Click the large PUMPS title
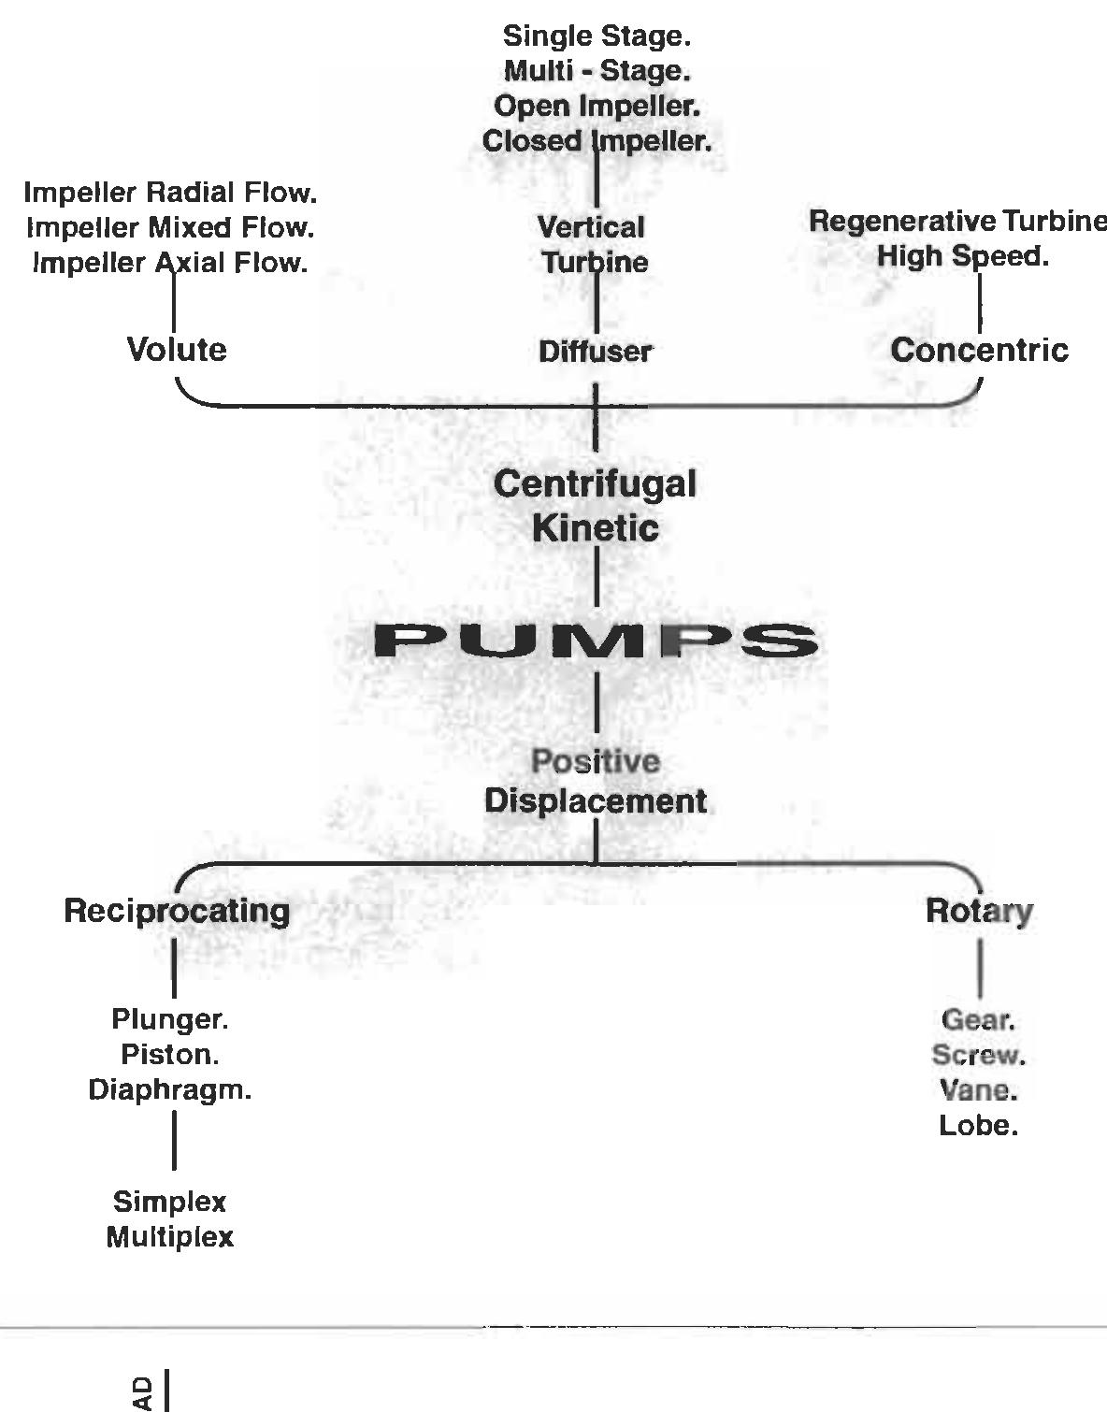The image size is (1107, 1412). tap(596, 641)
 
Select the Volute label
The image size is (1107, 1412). tap(177, 350)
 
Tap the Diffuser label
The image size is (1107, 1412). tap(596, 352)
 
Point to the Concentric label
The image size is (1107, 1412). tap(979, 350)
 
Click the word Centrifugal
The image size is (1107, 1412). tap(595, 484)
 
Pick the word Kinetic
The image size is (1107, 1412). tap(596, 527)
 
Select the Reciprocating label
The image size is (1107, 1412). tap(177, 911)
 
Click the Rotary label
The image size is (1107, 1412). tap(979, 911)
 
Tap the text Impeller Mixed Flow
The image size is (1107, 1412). tap(170, 228)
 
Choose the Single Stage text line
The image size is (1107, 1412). tap(597, 36)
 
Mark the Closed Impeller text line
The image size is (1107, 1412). tap(597, 141)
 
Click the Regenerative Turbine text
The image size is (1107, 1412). tap(956, 222)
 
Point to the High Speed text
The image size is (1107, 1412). tap(963, 256)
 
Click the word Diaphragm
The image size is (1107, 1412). tap(170, 1090)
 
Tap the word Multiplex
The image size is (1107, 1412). tap(170, 1237)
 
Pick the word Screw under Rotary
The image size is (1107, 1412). tap(979, 1056)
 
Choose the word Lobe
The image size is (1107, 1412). tap(979, 1126)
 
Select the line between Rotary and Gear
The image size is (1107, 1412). tap(980, 968)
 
